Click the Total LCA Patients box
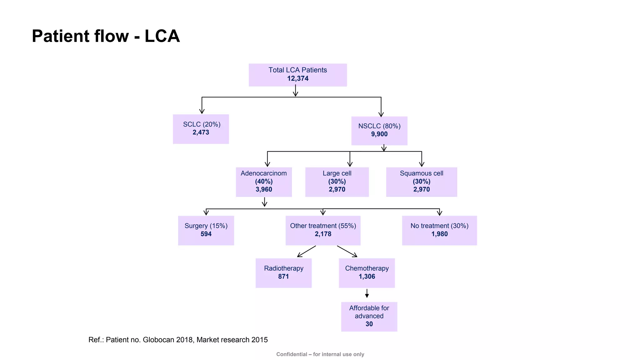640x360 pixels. (297, 75)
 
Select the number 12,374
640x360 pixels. (298, 78)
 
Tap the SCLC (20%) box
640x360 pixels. (201, 129)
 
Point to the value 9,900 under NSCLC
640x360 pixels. (379, 134)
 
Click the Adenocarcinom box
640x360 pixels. (264, 182)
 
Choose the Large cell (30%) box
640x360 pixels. (337, 182)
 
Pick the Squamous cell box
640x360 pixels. (421, 182)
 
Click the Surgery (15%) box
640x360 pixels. (206, 230)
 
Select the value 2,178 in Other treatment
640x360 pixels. (323, 234)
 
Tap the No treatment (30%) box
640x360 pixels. (439, 230)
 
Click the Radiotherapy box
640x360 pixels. (283, 272)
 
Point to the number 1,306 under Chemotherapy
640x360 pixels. (367, 277)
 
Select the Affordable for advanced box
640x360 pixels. (369, 316)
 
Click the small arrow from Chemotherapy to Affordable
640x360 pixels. (367, 293)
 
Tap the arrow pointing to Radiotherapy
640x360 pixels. (306, 251)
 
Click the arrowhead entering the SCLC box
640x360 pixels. (202, 111)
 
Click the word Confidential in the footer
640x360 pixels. (292, 354)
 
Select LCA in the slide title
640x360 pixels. (162, 36)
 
